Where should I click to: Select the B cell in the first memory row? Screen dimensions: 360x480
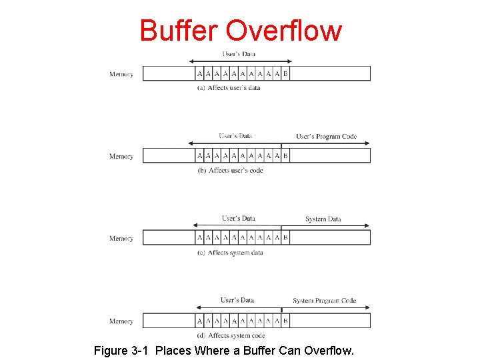(x=285, y=74)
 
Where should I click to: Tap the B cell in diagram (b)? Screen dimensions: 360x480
(x=285, y=156)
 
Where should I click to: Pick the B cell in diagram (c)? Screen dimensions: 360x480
(x=285, y=238)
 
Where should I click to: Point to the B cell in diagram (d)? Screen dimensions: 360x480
(x=285, y=321)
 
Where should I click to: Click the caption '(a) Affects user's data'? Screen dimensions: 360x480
(x=229, y=88)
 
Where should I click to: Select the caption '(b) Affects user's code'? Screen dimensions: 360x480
(x=230, y=171)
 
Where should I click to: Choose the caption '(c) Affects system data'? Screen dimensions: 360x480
(x=230, y=253)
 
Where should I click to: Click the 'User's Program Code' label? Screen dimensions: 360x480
(x=326, y=137)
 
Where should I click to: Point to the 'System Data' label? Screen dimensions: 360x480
(x=323, y=219)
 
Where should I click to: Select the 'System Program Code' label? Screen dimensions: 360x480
(x=324, y=301)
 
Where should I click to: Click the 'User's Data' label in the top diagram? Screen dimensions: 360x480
(x=239, y=54)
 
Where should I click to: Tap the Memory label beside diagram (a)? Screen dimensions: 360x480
(x=121, y=75)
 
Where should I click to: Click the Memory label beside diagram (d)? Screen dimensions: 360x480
(x=121, y=321)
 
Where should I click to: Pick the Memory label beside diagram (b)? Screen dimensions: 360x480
(x=121, y=157)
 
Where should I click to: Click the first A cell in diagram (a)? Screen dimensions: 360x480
(x=199, y=74)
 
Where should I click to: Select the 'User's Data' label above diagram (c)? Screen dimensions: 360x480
(x=239, y=219)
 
